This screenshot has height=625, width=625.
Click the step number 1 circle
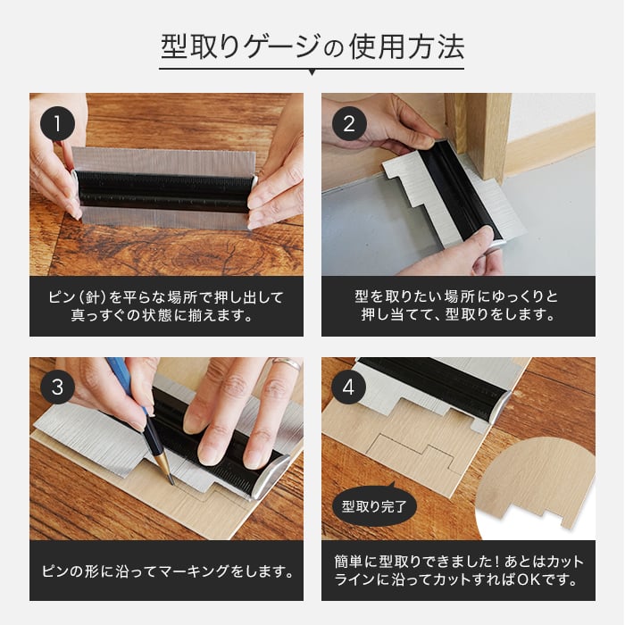coord(57,123)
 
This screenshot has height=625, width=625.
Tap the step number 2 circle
coord(349,123)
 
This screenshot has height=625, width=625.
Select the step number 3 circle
coord(57,387)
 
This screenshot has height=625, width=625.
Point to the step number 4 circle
coord(348,387)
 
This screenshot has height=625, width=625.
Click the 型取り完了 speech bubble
coord(374,505)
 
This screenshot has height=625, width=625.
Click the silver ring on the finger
coord(287,364)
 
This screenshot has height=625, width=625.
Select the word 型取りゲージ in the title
coord(240,47)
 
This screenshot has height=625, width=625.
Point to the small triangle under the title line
coord(312,73)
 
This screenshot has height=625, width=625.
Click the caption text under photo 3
coord(168,571)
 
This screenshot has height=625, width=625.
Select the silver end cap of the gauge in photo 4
coord(501,405)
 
